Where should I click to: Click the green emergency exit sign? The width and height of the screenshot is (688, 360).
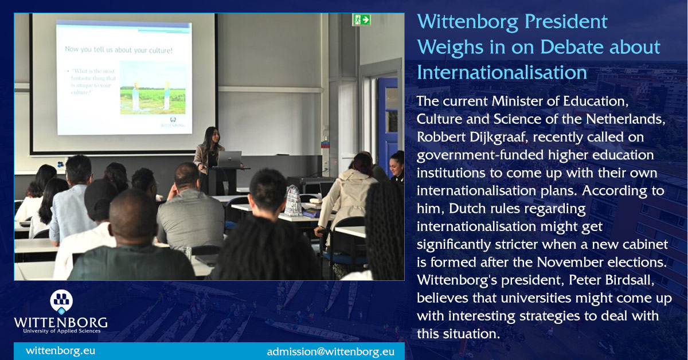point(361,19)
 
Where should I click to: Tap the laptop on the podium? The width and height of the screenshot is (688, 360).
point(228,159)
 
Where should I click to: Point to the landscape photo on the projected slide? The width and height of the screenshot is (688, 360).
point(153,88)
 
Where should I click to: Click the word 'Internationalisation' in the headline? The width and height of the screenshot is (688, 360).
point(502,73)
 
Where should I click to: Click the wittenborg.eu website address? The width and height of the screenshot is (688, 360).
point(60,350)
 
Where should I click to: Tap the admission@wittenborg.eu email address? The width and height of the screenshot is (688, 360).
point(330,351)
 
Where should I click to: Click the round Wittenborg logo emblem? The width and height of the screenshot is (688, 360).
point(61,300)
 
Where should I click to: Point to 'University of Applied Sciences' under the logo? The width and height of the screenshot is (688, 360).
point(61,331)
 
